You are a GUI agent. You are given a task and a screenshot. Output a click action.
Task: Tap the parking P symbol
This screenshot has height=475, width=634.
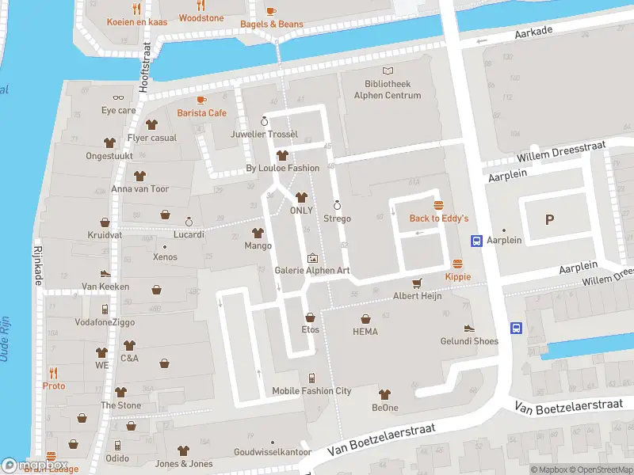[x=549, y=219]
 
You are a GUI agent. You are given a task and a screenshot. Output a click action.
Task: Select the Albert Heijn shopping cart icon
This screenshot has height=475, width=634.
[x=417, y=283]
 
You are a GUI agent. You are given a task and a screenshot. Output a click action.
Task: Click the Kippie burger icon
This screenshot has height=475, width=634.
[x=457, y=264]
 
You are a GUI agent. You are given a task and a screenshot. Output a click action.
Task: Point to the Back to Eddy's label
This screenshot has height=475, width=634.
[x=438, y=218]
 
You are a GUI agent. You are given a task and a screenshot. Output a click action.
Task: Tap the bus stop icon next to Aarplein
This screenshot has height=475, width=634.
[x=477, y=240]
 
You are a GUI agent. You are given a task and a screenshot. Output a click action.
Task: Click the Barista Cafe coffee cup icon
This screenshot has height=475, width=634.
[x=201, y=100]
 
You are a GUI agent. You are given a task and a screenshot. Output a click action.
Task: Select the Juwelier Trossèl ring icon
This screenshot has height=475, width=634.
[x=264, y=121]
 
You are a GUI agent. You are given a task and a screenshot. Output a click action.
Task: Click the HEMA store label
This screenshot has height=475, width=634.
[x=365, y=332]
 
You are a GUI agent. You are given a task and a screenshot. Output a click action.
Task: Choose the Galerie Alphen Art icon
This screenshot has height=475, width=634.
[x=311, y=257]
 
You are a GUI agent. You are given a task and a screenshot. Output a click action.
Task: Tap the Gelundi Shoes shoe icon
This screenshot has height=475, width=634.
[x=469, y=328]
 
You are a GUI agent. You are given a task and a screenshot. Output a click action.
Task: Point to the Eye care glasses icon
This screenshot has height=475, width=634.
[x=118, y=97]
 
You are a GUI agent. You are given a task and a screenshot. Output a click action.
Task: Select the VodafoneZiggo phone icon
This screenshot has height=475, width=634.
[x=105, y=309]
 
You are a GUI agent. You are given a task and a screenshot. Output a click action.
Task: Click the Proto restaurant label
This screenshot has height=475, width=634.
[x=54, y=386]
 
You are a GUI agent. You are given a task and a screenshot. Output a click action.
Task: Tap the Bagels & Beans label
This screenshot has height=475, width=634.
[x=271, y=25]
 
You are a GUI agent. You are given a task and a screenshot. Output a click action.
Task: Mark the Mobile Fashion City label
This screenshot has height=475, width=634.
[x=311, y=391]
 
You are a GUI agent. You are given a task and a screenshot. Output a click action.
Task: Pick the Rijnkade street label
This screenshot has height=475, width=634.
[x=36, y=264]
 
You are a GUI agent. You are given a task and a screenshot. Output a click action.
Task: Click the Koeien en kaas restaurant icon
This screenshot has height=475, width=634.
[x=137, y=9]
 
